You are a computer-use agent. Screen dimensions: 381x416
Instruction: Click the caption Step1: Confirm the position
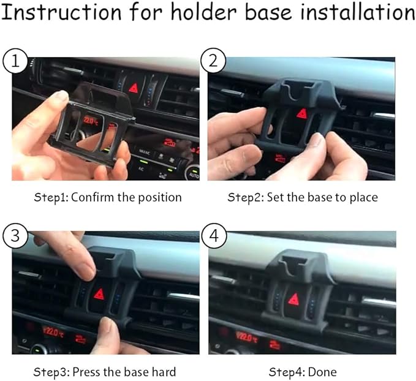tap(108, 197)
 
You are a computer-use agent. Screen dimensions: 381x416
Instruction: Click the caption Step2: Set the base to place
tap(303, 197)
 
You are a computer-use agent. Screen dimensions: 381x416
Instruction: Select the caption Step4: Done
tap(303, 372)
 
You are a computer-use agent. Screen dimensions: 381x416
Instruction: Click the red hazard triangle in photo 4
tap(294, 300)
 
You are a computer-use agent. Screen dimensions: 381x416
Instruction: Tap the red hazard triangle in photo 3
tap(99, 293)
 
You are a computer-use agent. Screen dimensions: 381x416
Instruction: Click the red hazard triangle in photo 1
tap(134, 88)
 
